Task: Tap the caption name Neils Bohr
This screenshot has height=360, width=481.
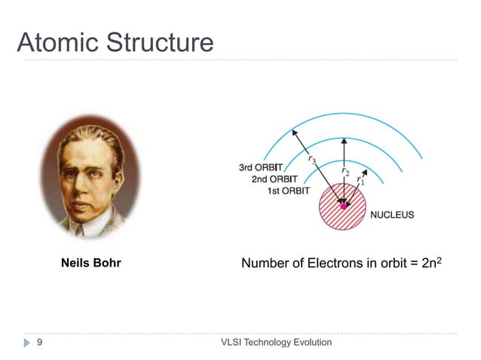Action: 90,264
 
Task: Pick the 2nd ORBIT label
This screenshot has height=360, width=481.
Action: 274,179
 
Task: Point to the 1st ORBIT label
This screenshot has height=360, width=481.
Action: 289,191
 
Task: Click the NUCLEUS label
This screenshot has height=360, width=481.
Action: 391,215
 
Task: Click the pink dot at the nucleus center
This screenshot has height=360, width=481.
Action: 343,205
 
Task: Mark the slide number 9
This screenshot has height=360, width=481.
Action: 38,343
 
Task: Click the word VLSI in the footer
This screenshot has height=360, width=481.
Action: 232,343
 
